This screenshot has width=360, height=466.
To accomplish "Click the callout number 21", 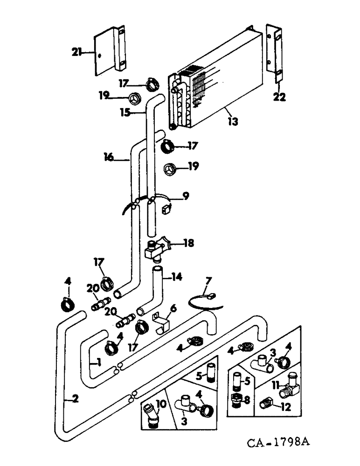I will tap(76, 52).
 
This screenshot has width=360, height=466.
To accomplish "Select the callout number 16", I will tap(108, 158).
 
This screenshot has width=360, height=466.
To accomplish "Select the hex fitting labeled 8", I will tap(236, 399).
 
